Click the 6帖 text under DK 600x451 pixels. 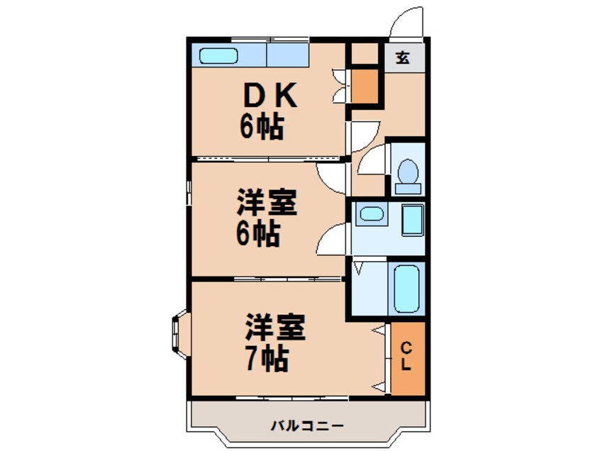[262, 128]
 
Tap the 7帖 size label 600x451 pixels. [266, 360]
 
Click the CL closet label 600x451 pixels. [406, 357]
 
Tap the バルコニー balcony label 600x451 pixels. [308, 425]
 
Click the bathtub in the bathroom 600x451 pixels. [407, 290]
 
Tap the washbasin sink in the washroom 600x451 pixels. [370, 213]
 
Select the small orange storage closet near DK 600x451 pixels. [366, 85]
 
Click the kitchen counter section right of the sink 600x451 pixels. [288, 55]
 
